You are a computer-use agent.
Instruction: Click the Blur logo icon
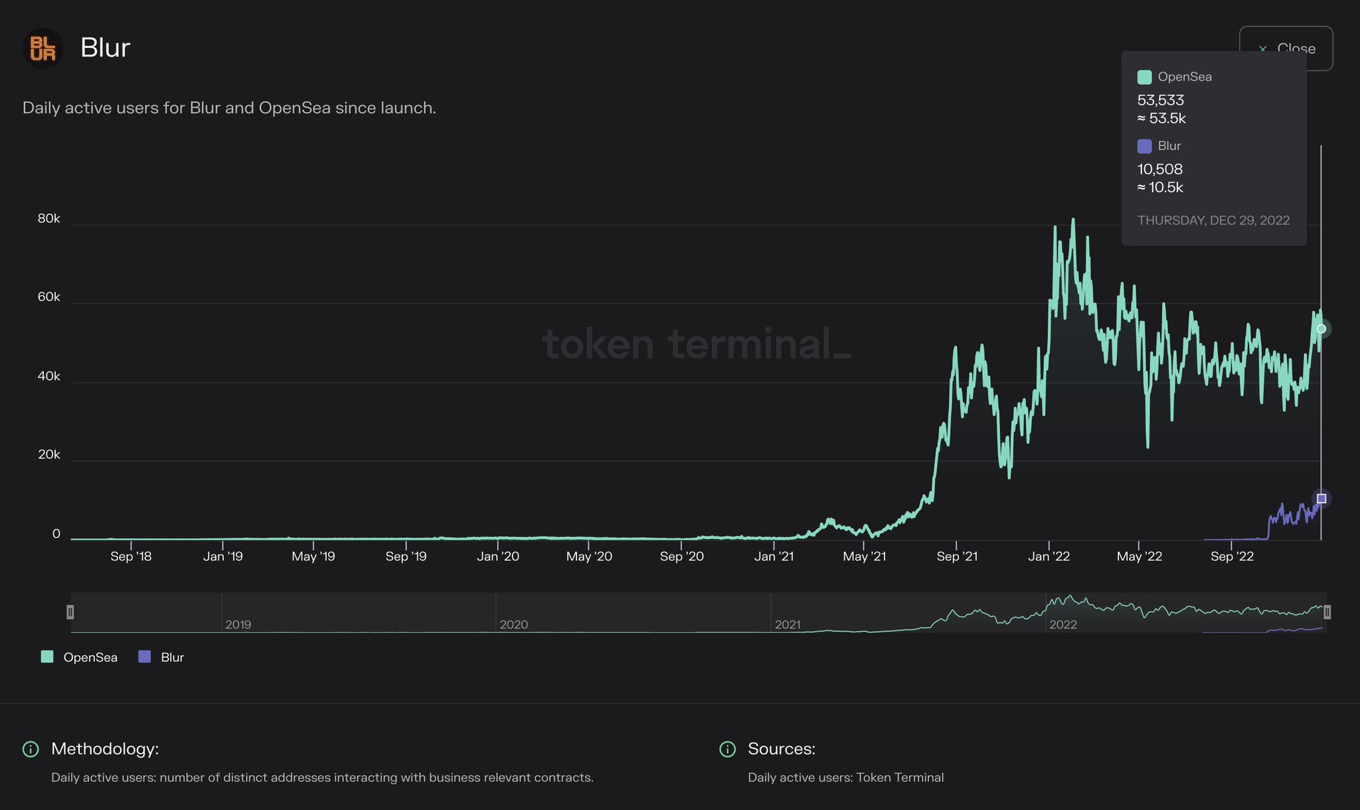pos(43,48)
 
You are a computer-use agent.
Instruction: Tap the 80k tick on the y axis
pos(48,219)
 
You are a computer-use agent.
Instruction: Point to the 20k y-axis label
pos(48,455)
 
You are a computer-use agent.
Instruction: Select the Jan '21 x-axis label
pos(774,556)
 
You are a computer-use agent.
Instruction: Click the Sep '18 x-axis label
pos(131,556)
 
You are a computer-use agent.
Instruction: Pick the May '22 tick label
pos(1139,556)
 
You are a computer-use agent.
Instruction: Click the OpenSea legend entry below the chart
pos(80,657)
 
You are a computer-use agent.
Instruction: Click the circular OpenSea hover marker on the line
pos(1321,329)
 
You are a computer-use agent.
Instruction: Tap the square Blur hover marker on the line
pos(1321,498)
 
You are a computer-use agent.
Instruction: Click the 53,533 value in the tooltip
pos(1161,100)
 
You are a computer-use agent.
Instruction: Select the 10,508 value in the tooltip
pos(1160,169)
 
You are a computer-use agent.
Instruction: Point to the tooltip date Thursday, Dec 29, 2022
pos(1213,221)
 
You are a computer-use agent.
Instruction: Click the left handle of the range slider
pos(70,612)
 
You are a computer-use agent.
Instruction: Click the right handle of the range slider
pos(1327,612)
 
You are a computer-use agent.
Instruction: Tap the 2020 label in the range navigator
pos(513,625)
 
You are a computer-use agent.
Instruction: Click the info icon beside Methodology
pos(31,749)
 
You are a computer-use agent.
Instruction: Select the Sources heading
pos(781,749)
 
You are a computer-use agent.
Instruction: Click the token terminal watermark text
pos(696,344)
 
